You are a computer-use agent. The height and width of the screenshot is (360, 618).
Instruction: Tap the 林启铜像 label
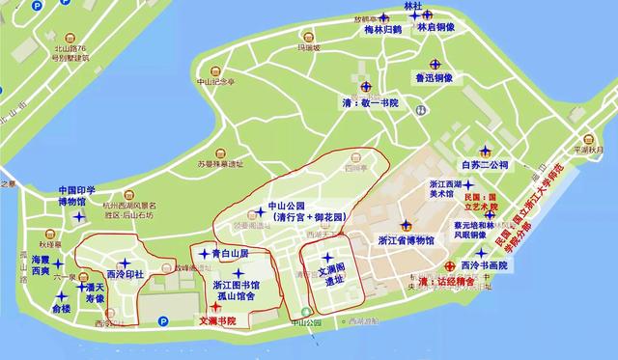435,30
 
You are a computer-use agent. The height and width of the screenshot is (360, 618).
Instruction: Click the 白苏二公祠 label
486,165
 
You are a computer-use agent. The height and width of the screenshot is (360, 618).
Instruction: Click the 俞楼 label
60,310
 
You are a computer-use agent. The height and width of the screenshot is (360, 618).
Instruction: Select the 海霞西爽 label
40,267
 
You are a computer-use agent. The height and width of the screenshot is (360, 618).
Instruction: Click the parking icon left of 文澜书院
162,321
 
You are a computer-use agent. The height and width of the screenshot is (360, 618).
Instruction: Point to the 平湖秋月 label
587,151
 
